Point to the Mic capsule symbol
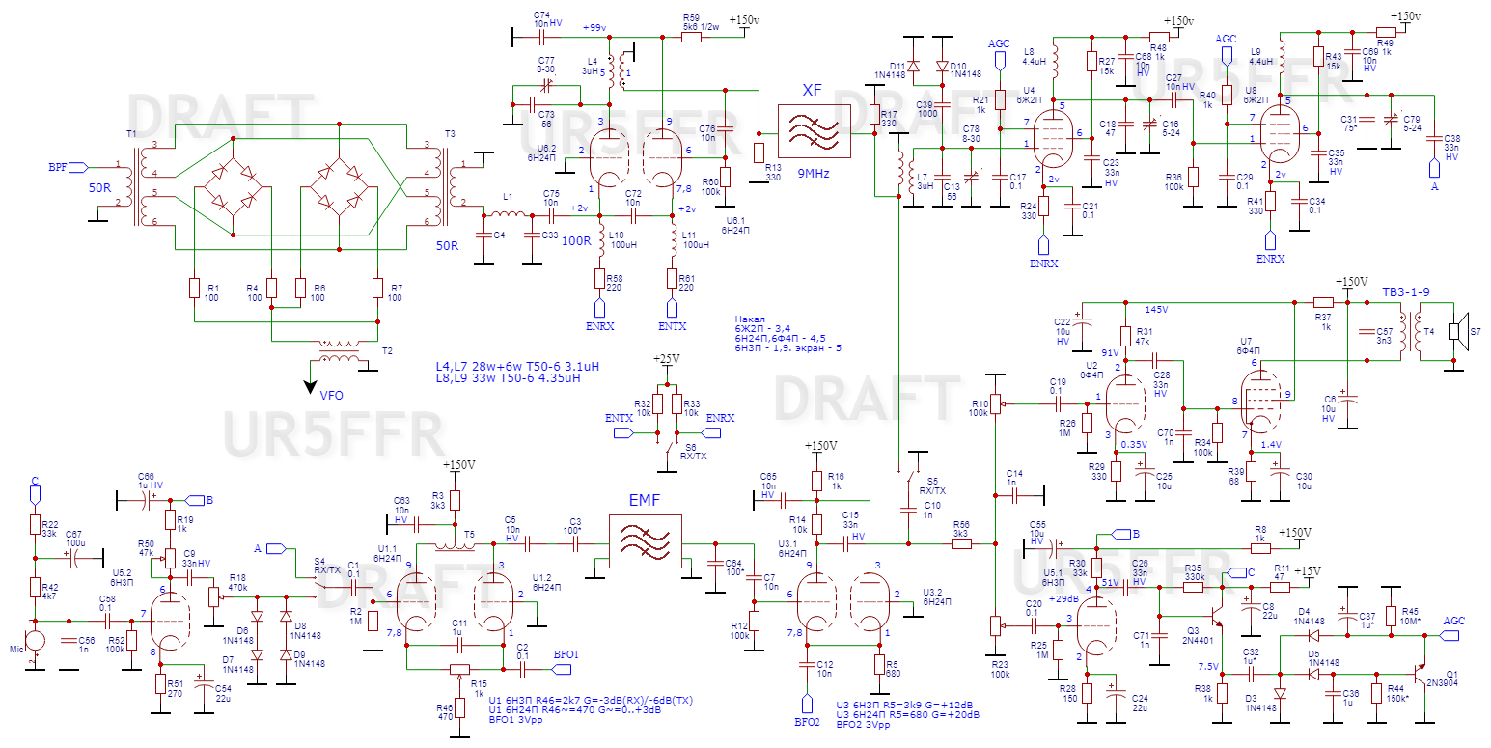coord(35,640)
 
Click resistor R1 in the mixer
coord(194,289)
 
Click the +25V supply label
coord(665,358)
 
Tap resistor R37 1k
coord(1321,302)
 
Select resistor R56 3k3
coord(961,544)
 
